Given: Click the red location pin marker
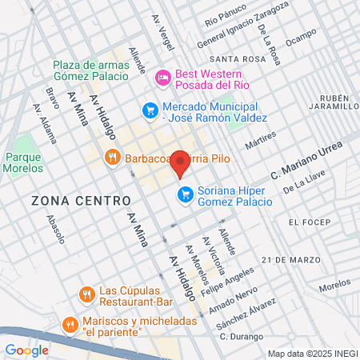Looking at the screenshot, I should pos(181,162).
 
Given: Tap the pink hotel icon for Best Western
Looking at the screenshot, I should pos(162,78).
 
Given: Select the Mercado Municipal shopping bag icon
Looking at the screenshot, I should pos(150,110).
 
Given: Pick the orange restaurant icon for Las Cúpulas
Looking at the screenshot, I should pos(86,296).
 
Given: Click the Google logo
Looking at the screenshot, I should pos(26,350).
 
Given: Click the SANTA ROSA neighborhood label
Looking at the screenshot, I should pos(237,60).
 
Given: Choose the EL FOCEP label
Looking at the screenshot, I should pos(309,222).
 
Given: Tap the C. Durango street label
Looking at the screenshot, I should pos(242,337).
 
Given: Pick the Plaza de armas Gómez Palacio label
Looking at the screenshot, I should pos(90,70).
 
